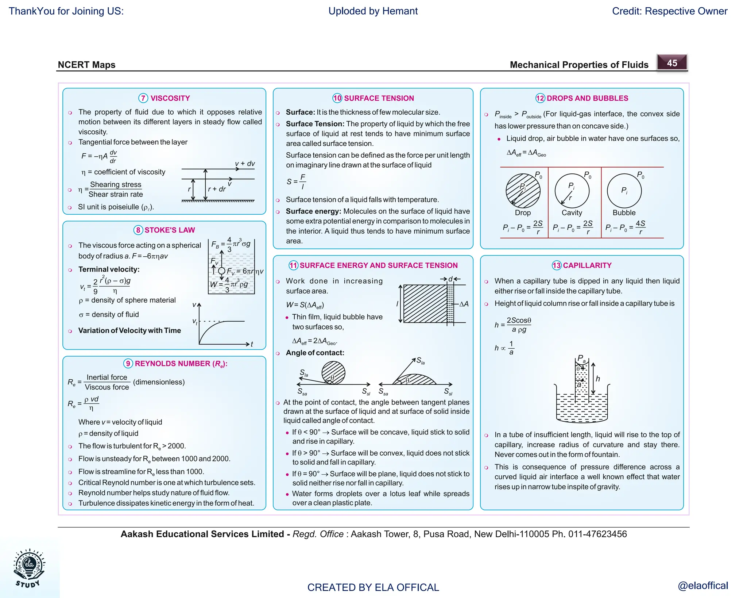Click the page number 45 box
click(672, 63)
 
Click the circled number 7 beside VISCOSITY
click(143, 98)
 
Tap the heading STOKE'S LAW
click(170, 230)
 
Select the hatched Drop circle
click(523, 191)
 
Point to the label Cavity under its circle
click(572, 212)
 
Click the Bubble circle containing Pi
click(624, 191)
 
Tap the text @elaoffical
click(703, 586)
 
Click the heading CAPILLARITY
click(587, 265)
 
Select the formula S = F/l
click(296, 181)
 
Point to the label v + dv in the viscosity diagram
click(245, 164)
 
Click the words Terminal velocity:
click(109, 269)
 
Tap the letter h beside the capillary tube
click(598, 379)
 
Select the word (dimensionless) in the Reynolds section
click(159, 382)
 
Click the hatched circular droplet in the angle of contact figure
click(333, 373)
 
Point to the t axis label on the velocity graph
click(252, 344)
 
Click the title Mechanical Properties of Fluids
click(579, 65)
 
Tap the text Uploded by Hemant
click(373, 11)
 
